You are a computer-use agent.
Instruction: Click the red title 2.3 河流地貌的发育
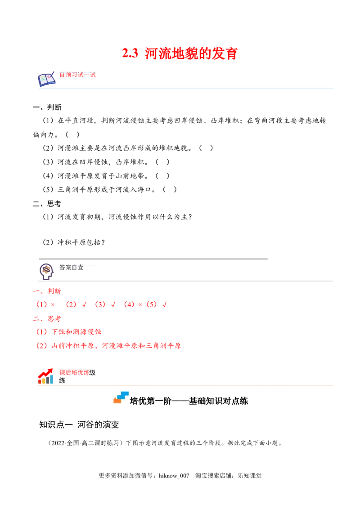click(180, 53)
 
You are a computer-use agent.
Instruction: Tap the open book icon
click(46, 79)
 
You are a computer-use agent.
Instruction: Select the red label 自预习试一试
click(77, 75)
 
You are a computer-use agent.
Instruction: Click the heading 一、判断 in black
click(47, 107)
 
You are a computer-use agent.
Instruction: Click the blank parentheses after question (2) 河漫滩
click(206, 148)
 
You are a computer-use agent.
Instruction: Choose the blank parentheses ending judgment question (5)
click(170, 190)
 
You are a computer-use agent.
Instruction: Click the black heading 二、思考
click(47, 204)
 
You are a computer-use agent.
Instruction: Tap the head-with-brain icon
click(46, 272)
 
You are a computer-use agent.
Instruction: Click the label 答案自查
click(71, 267)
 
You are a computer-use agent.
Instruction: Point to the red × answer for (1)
click(53, 304)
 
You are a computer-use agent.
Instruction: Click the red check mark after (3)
click(113, 304)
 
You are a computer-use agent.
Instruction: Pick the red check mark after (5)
click(164, 304)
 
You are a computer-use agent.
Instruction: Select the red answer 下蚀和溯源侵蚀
click(76, 332)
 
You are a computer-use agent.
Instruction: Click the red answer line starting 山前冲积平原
click(108, 346)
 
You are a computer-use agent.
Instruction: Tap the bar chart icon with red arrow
click(45, 376)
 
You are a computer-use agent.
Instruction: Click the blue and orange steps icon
click(121, 397)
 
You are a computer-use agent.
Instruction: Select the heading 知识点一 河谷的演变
click(79, 424)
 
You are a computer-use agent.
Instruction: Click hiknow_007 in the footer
click(174, 476)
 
